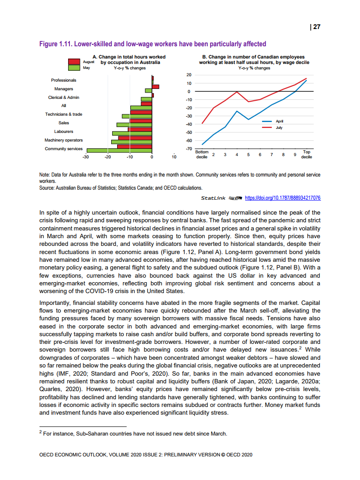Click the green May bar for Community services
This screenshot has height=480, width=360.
click(119, 150)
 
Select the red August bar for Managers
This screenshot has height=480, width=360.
click(156, 86)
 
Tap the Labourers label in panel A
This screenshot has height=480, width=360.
click(64, 132)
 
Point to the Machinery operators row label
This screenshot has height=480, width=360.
click(64, 140)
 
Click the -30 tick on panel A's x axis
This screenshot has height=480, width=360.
click(85, 157)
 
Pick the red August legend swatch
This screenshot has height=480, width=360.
click(74, 61)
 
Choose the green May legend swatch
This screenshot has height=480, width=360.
click(74, 68)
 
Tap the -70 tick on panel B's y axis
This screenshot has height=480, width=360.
click(189, 149)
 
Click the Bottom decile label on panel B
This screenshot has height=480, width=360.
click(202, 154)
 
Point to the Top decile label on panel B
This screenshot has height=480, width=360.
click(306, 154)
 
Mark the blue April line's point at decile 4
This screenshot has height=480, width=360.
click(237, 111)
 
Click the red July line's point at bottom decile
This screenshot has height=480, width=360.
click(202, 123)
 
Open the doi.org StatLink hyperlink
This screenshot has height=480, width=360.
click(282, 198)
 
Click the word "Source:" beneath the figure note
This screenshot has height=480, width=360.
click(49, 187)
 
